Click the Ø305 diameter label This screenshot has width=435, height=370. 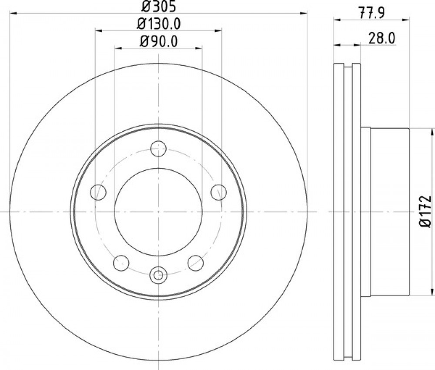pyautogui.click(x=158, y=6)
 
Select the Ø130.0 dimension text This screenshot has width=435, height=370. pyautogui.click(x=159, y=24)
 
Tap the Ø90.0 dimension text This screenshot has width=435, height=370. pyautogui.click(x=159, y=42)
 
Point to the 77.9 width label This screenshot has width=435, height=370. pyautogui.click(x=372, y=13)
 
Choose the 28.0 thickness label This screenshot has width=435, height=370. pyautogui.click(x=382, y=39)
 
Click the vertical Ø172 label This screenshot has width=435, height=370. pyautogui.click(x=425, y=212)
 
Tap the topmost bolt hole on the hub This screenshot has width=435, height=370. pyautogui.click(x=158, y=149)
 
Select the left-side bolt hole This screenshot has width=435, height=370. pyautogui.click(x=98, y=192)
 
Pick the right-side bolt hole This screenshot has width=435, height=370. pyautogui.click(x=219, y=192)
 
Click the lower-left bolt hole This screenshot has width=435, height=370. pyautogui.click(x=121, y=263)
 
